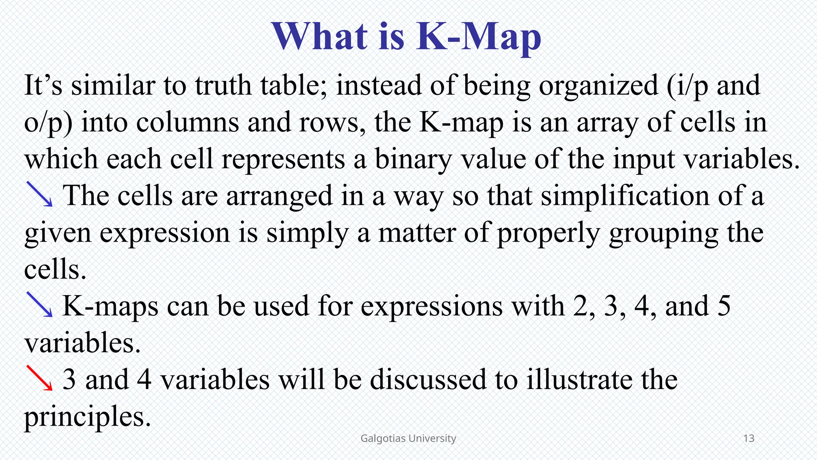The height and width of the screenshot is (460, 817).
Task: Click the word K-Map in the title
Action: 479,37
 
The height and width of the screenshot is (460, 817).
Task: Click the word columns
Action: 187,122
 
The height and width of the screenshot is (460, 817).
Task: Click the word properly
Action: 549,233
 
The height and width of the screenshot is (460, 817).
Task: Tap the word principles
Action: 87,417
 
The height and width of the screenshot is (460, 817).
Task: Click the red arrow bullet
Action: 39,378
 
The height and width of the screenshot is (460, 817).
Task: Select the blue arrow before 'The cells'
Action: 39,194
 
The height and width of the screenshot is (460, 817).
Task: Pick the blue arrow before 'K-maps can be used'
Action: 39,304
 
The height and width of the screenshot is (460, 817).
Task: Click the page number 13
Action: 749,438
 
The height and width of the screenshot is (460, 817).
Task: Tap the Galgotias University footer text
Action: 408,438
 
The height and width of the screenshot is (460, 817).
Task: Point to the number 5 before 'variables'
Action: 724,306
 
